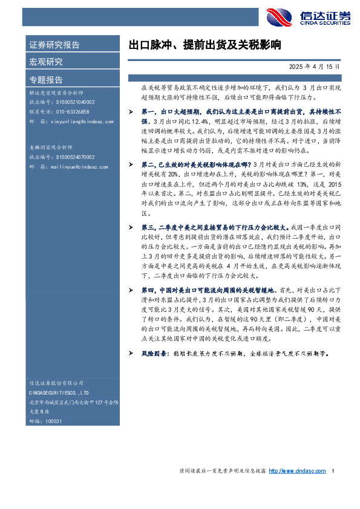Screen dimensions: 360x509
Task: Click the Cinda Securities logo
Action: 308,18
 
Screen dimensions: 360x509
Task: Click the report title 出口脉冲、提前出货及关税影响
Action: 205,45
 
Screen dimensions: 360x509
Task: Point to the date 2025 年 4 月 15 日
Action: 315,66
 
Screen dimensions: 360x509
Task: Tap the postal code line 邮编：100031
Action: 45,421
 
